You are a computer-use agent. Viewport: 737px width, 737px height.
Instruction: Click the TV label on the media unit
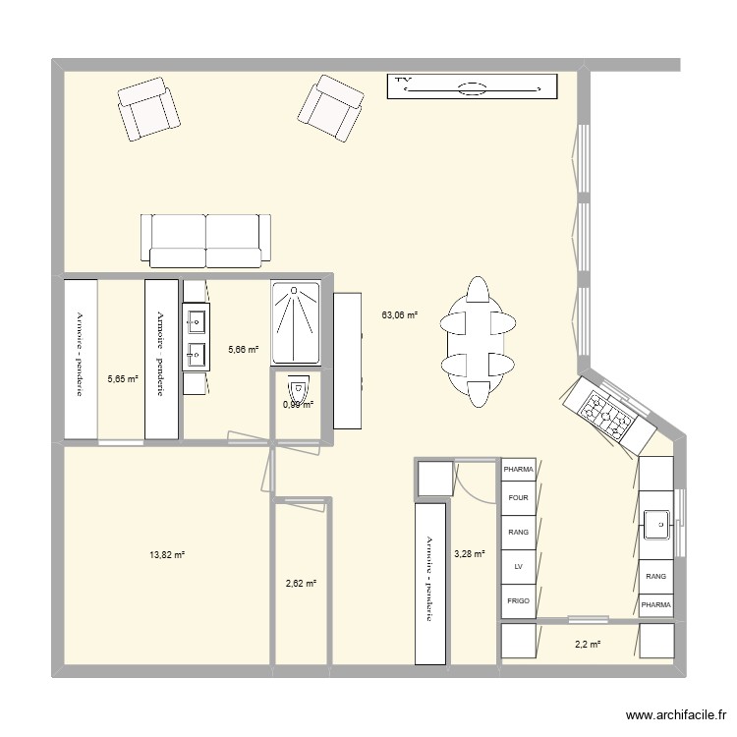click(x=402, y=80)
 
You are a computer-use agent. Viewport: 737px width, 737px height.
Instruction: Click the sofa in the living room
click(x=206, y=239)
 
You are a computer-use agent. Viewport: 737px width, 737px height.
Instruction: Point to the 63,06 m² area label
click(x=400, y=315)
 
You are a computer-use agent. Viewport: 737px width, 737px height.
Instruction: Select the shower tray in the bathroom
click(x=296, y=322)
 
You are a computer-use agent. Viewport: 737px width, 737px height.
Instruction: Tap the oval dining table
click(x=479, y=341)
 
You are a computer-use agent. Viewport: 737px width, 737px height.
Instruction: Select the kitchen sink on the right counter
click(x=656, y=525)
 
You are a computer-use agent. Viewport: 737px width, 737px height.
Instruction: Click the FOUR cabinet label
click(x=518, y=498)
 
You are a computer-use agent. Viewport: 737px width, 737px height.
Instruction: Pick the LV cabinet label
click(x=518, y=566)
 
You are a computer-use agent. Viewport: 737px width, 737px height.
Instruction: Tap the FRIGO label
click(x=518, y=599)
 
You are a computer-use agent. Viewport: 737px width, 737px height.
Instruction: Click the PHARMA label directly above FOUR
click(x=518, y=470)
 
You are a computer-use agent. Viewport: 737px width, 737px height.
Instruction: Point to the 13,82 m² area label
click(x=167, y=555)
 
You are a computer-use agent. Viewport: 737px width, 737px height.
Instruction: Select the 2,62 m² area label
click(x=301, y=584)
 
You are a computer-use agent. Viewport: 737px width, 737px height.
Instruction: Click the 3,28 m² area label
click(x=469, y=554)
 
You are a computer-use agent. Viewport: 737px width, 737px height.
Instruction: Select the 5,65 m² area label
click(x=122, y=378)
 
